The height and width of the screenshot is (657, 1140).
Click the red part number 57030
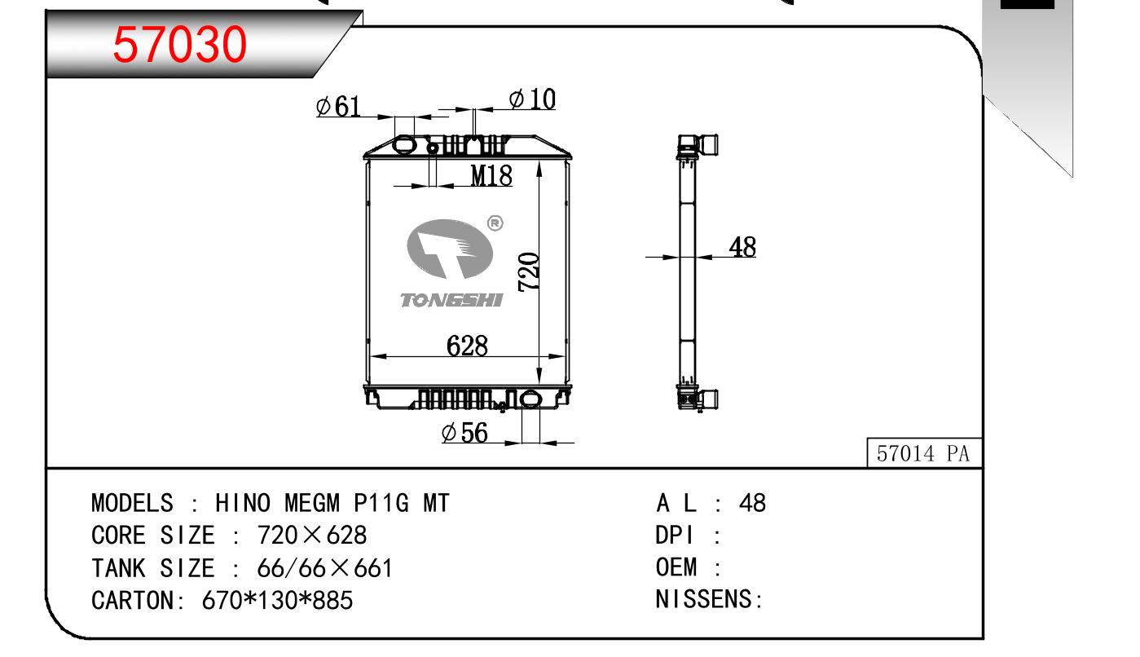(x=179, y=45)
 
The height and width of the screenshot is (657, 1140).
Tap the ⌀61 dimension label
(x=338, y=107)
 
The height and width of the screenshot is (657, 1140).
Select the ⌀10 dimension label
(x=532, y=99)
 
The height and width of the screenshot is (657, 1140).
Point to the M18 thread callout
(x=491, y=175)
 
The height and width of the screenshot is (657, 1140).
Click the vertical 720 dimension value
(x=528, y=271)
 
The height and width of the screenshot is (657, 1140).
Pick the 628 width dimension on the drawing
(x=467, y=346)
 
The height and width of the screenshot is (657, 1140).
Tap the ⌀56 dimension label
(x=464, y=433)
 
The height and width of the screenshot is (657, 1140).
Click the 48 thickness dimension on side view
(x=742, y=247)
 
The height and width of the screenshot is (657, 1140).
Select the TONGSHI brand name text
(x=451, y=300)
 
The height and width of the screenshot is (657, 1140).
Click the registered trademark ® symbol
(x=495, y=223)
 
